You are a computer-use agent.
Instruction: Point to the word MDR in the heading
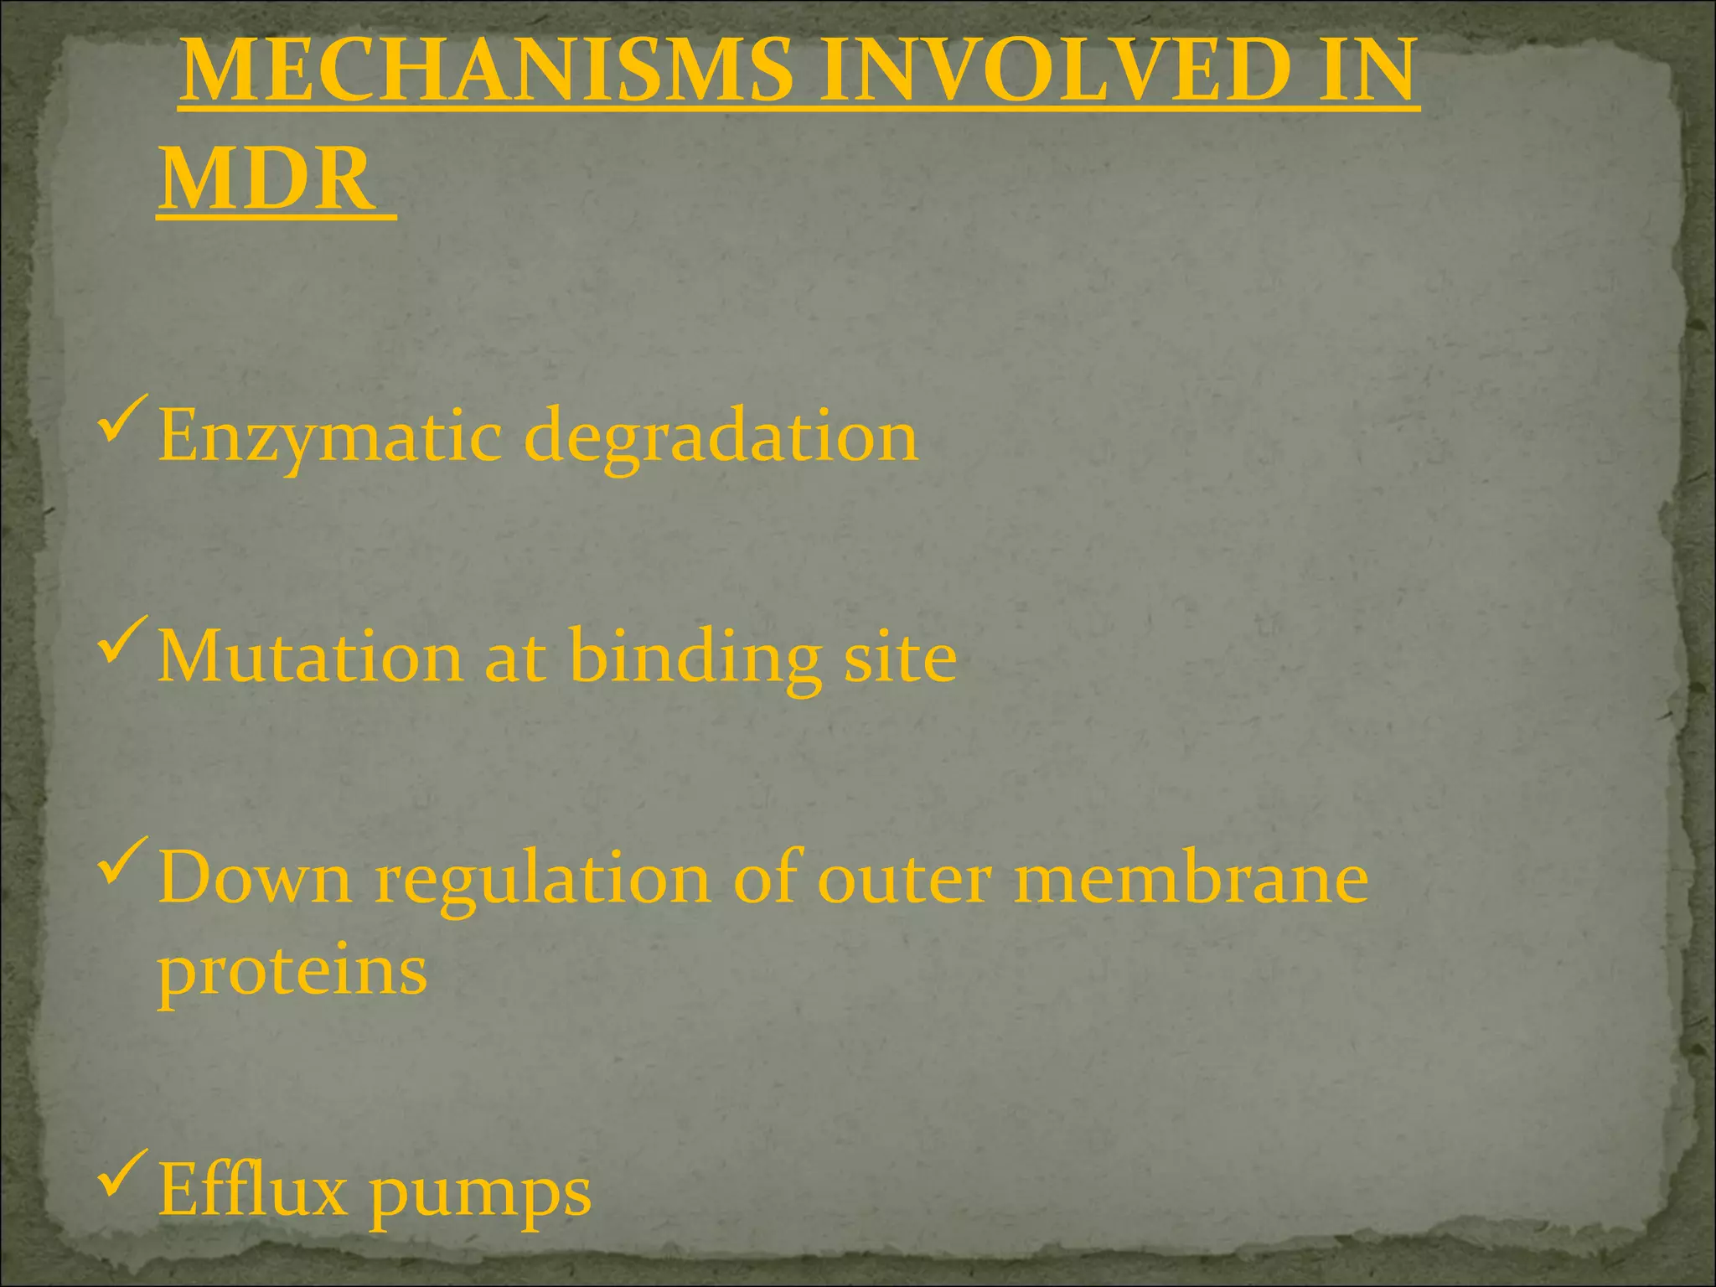tap(266, 179)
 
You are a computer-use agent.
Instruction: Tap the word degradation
tap(721, 437)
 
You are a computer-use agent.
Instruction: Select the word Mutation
tap(310, 657)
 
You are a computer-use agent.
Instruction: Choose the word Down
tap(256, 878)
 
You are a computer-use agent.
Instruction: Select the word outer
tap(905, 880)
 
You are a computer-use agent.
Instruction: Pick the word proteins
tap(293, 974)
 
